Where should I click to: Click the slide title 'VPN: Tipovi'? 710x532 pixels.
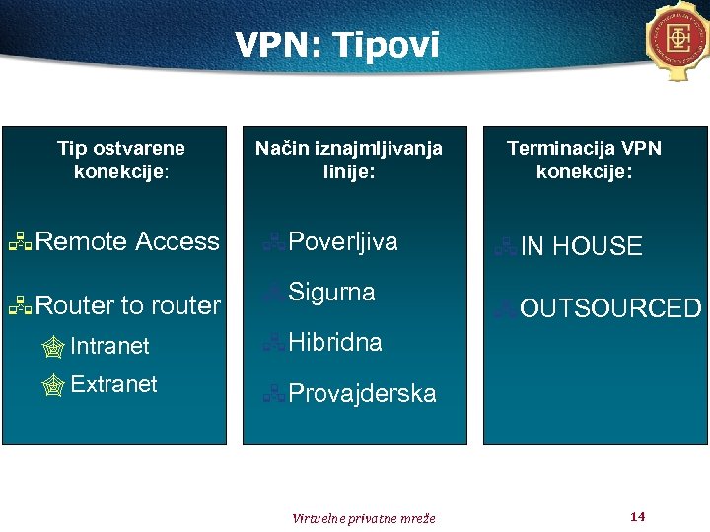[x=336, y=44]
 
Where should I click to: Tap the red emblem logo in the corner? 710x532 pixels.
[x=678, y=38]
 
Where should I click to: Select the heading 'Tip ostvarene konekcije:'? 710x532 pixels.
[x=121, y=160]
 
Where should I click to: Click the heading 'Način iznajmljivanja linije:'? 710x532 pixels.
[x=349, y=160]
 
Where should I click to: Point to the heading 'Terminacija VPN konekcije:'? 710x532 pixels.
[x=584, y=160]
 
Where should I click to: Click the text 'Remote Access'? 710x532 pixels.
[x=127, y=241]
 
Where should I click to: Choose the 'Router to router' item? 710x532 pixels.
[x=127, y=305]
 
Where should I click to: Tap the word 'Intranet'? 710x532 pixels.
[x=109, y=346]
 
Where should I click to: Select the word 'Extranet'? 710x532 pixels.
[x=113, y=384]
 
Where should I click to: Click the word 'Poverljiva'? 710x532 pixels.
[x=343, y=242]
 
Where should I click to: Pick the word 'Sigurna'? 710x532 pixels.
[x=331, y=293]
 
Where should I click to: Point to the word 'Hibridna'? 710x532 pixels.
[x=335, y=343]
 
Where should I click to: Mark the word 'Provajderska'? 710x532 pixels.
[x=362, y=394]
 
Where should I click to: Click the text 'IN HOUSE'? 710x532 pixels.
[x=581, y=247]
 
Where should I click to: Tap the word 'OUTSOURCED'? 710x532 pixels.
[x=609, y=309]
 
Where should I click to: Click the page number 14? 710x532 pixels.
[x=637, y=517]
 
